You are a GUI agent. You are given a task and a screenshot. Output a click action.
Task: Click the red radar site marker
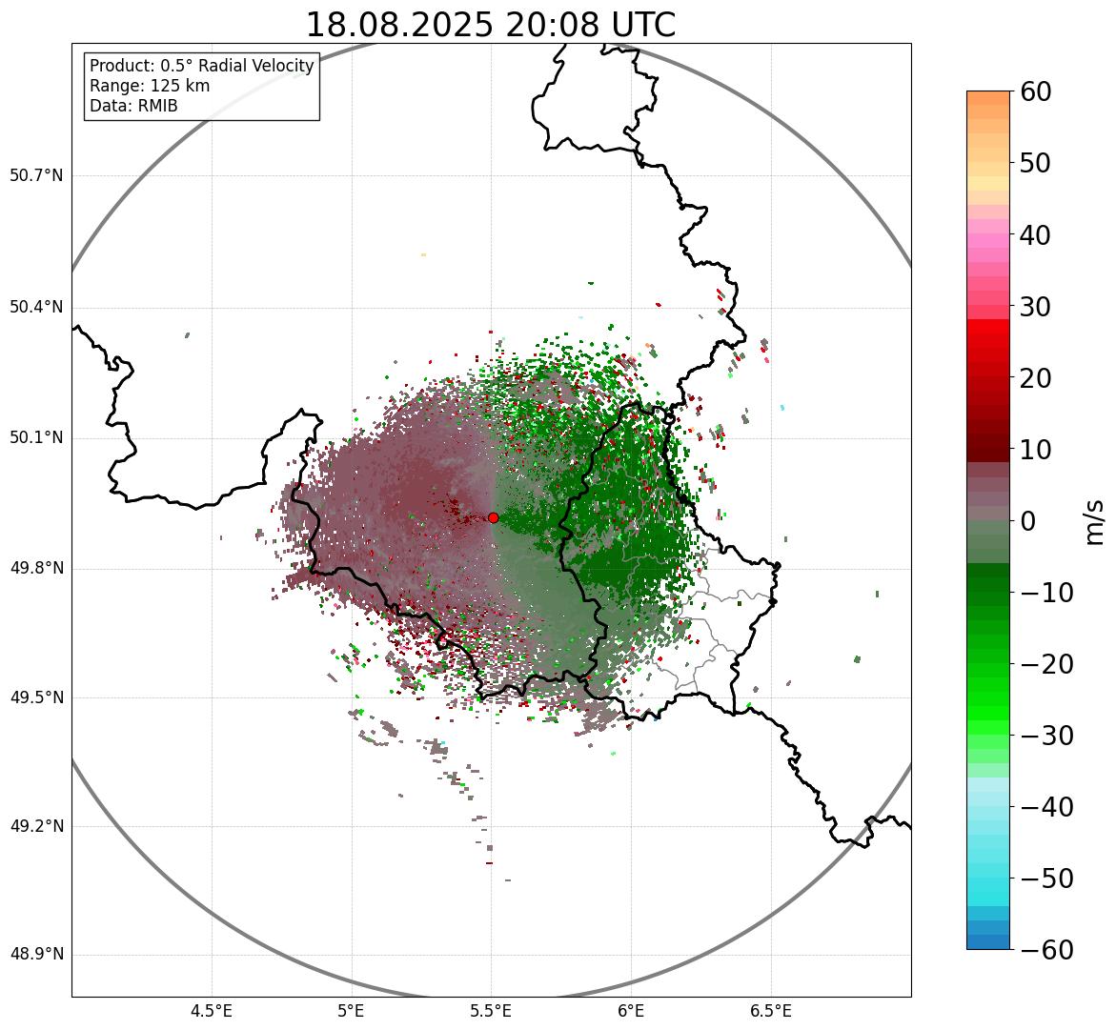(x=493, y=517)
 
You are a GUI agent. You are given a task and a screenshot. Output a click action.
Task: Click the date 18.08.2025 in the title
(x=400, y=25)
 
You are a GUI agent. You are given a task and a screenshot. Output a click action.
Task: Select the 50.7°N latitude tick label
(x=36, y=175)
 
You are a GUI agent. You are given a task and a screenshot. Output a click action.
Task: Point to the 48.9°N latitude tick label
(x=36, y=955)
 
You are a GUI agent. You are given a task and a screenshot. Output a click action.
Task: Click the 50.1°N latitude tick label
(x=36, y=438)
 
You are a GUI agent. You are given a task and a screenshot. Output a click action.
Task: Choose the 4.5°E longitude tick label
(x=212, y=1010)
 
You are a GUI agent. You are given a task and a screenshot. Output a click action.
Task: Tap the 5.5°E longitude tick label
(x=491, y=1010)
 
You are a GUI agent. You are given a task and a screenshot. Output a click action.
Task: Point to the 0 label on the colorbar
(x=1028, y=521)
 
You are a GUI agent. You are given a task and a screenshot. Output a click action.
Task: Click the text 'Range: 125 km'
(x=150, y=86)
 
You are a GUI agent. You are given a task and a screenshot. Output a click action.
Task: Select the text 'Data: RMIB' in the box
(x=133, y=106)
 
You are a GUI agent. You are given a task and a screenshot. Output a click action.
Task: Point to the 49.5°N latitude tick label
(x=36, y=697)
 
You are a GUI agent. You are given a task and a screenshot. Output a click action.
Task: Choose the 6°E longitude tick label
(x=631, y=1010)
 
